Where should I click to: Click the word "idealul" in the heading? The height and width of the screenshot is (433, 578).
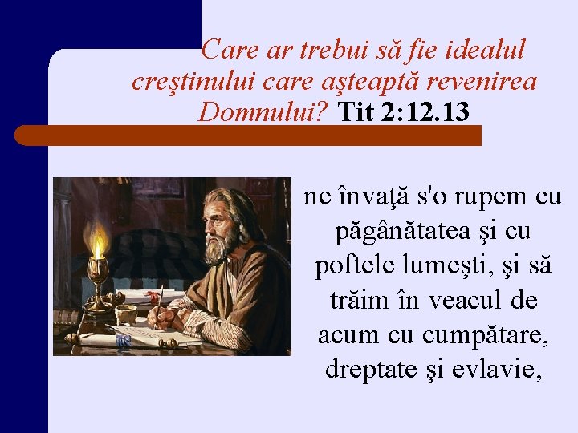(x=482, y=51)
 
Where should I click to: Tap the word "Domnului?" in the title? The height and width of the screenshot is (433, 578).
(x=265, y=112)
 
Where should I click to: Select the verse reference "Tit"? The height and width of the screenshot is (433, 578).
(x=356, y=113)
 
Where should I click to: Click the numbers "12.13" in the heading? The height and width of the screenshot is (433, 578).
(x=440, y=113)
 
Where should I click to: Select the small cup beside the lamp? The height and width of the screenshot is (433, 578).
(x=125, y=314)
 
